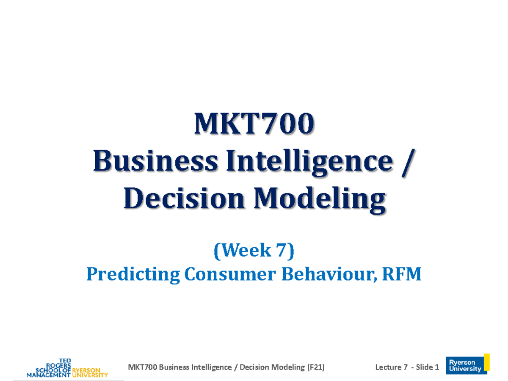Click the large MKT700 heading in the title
(254, 124)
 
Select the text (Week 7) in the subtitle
(254, 251)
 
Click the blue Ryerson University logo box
(465, 366)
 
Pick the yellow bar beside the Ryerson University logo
(487, 362)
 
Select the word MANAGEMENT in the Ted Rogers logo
(48, 375)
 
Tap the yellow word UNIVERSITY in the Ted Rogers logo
(90, 375)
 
